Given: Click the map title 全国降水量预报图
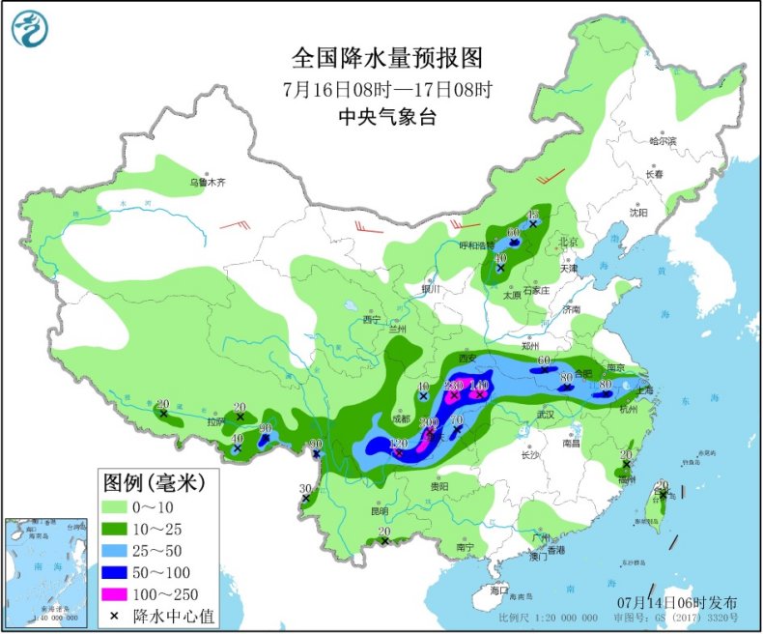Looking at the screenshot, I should [x=387, y=59].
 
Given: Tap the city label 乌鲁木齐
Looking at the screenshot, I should [x=206, y=181].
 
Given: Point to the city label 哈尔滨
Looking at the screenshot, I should [x=663, y=142].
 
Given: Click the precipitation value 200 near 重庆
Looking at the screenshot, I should [x=430, y=422].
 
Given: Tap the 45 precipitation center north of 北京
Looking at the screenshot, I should [x=532, y=215].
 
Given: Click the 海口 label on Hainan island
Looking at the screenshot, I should [x=497, y=589].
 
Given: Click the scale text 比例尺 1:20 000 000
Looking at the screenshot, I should [x=549, y=617].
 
